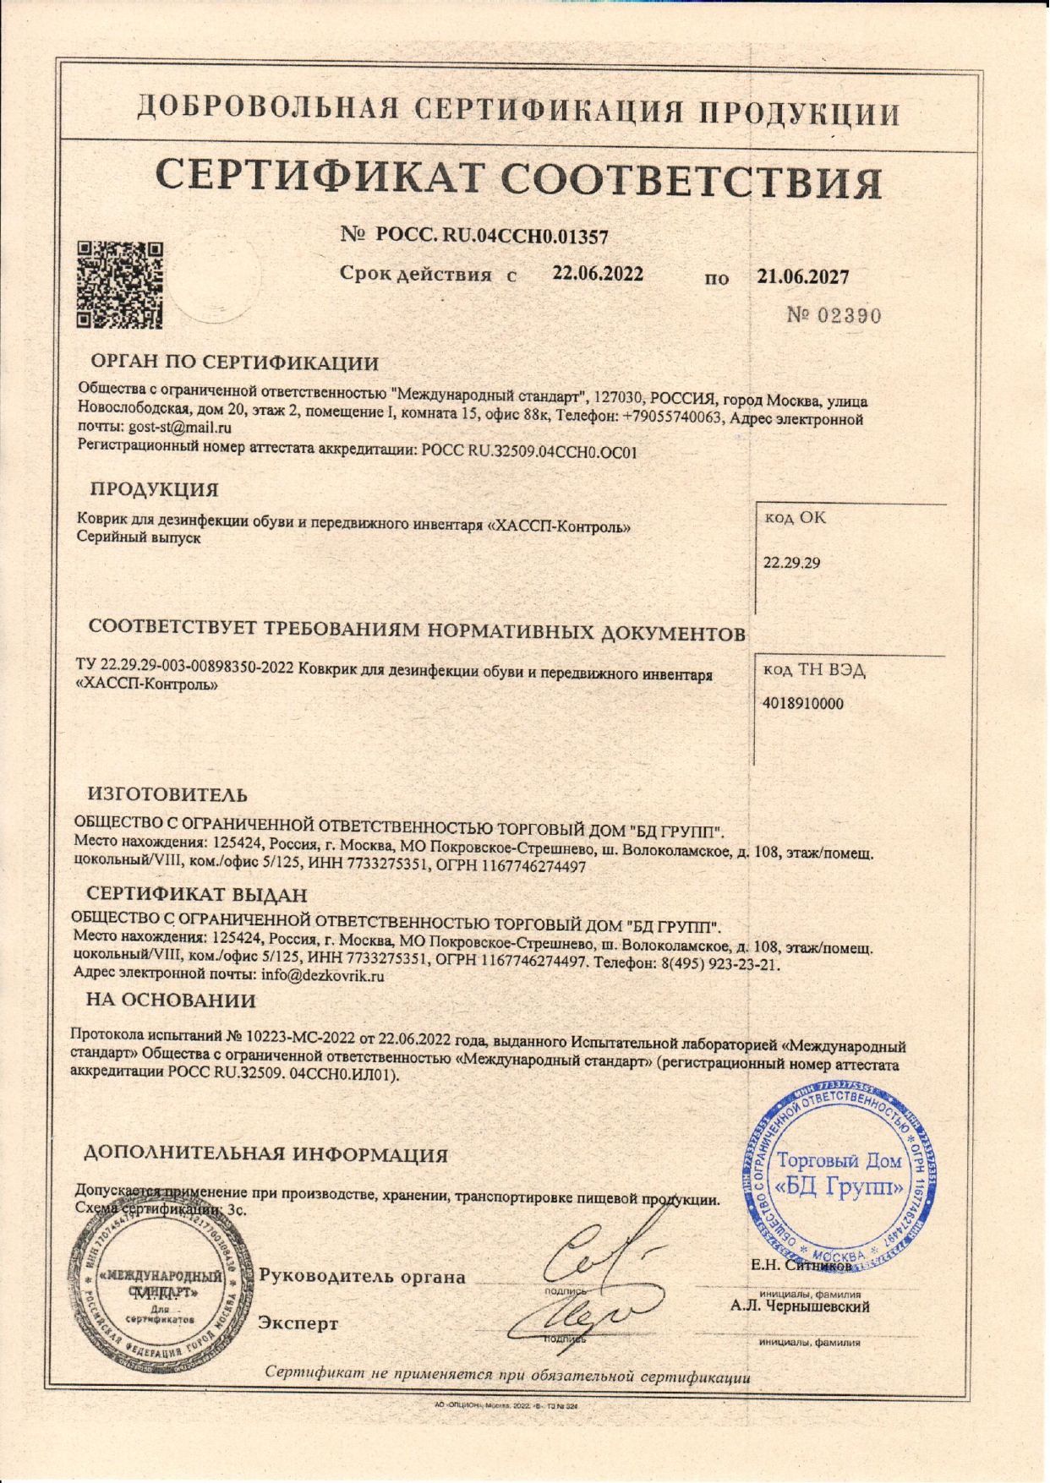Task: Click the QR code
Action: point(119,285)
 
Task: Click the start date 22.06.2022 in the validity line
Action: point(598,274)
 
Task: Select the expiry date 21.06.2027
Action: point(803,276)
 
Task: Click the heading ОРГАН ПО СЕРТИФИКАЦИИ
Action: point(235,363)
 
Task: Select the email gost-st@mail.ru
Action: point(180,428)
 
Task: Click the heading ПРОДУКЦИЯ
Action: point(155,489)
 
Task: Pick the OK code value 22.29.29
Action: point(792,563)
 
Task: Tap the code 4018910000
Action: point(803,703)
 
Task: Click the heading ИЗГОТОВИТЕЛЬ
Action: point(168,794)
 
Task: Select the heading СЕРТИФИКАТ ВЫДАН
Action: point(197,894)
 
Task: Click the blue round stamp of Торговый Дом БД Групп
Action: point(840,1175)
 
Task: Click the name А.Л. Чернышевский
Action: point(801,1307)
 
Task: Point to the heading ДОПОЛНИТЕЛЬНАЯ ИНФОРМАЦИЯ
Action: point(267,1154)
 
